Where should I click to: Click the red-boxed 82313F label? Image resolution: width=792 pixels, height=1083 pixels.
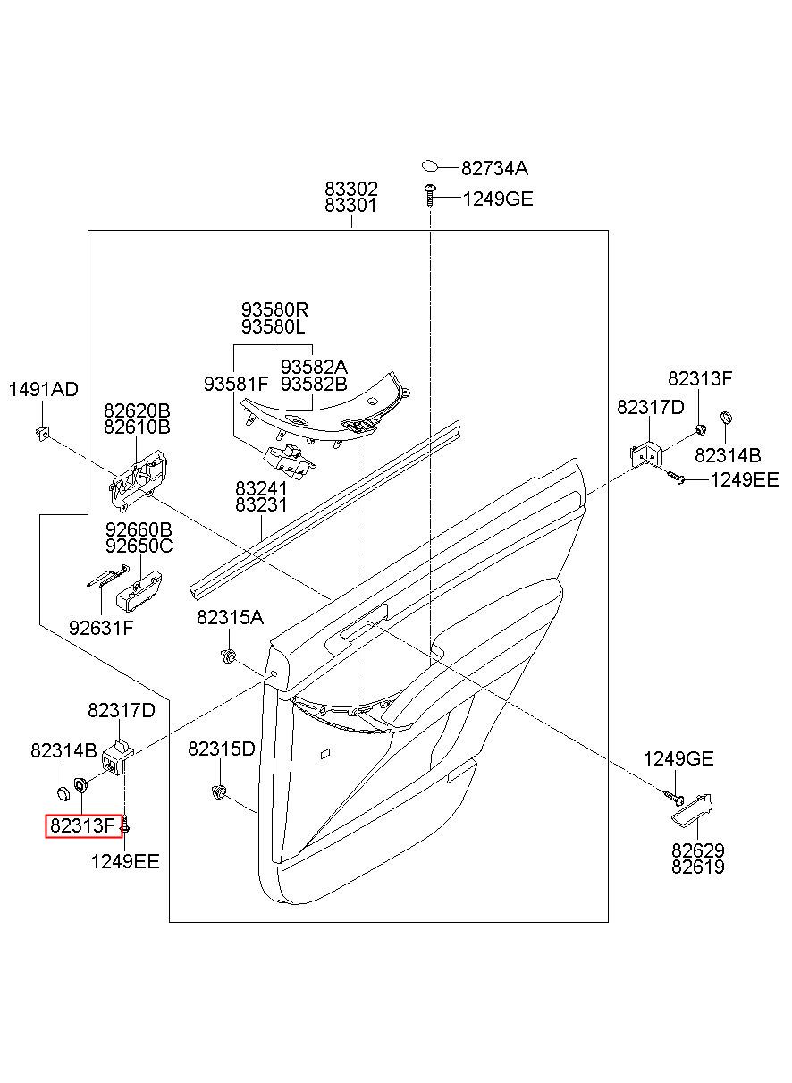click(81, 825)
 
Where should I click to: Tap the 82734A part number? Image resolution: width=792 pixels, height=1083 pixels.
click(494, 168)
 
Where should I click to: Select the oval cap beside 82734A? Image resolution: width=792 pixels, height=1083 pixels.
click(430, 167)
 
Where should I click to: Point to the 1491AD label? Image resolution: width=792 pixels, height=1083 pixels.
click(44, 389)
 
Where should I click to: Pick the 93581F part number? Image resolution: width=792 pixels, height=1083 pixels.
click(236, 384)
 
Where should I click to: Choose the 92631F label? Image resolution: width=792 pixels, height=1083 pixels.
click(101, 628)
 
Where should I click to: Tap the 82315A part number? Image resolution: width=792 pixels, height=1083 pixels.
click(230, 617)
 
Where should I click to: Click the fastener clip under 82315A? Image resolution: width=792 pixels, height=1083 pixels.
click(228, 656)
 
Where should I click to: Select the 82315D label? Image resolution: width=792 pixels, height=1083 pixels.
click(222, 749)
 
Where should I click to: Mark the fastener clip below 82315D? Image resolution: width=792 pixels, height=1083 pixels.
click(219, 791)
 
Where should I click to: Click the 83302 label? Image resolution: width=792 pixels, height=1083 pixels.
click(350, 188)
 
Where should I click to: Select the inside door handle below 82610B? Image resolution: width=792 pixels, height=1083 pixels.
click(139, 479)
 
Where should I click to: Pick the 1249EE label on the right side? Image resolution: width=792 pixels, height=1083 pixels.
click(744, 479)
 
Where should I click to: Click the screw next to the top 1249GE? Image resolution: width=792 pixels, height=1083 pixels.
click(430, 195)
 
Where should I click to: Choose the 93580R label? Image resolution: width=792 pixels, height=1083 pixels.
click(274, 309)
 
